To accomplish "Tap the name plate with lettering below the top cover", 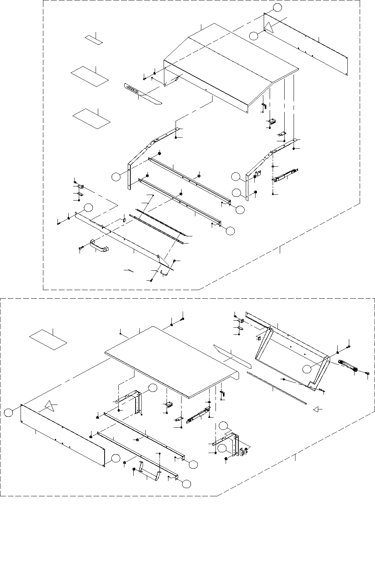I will pos(131,89).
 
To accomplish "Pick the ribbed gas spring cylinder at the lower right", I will pos(348,365).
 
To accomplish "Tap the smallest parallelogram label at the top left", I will pos(92,39).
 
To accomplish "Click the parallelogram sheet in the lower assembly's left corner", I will pos(48,339).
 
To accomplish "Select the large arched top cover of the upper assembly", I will pos(232,67).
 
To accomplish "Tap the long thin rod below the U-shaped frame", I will pos(276,388).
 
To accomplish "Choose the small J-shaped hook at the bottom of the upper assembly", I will pos(164,274).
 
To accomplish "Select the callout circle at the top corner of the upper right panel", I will pos(277,7).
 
